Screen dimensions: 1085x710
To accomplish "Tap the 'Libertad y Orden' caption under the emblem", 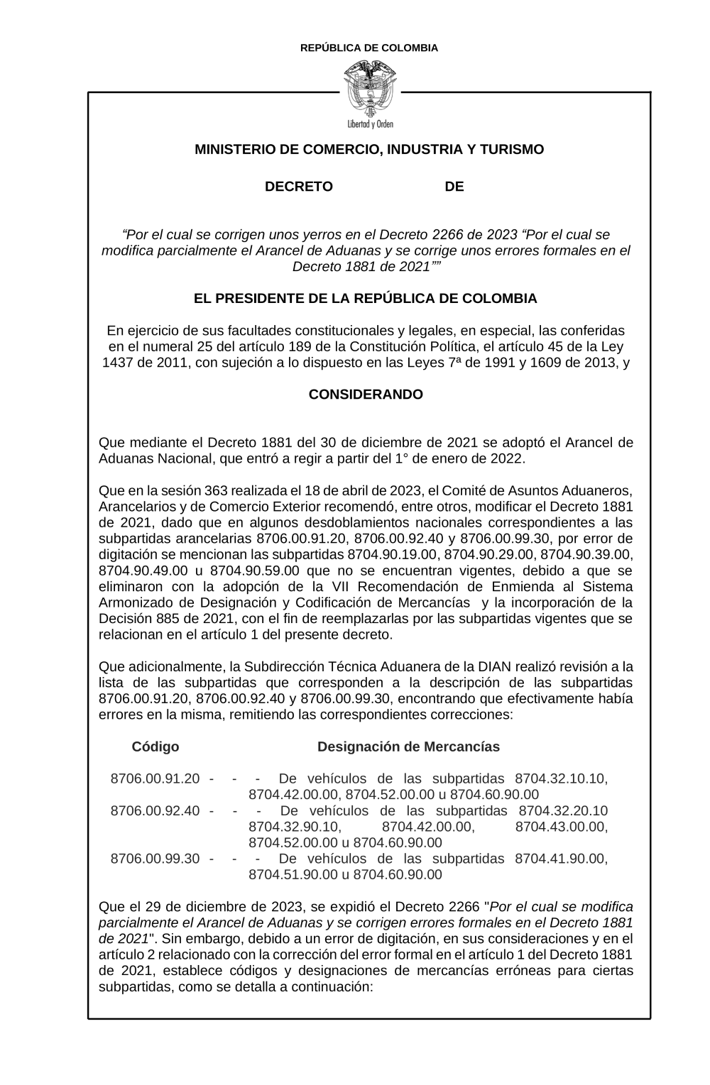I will coord(369,124).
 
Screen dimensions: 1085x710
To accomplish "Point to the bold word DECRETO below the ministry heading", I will coord(299,187).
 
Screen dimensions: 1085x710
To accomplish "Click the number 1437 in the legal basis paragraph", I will coord(118,363).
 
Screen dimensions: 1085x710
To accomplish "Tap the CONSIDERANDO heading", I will coord(366,395).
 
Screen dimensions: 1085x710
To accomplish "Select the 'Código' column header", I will coord(155,747).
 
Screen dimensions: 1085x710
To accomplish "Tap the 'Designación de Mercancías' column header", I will coord(408,747).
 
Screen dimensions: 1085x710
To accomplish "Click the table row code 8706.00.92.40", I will coord(155,810).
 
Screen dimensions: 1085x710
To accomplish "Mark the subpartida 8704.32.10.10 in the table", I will coord(561,778).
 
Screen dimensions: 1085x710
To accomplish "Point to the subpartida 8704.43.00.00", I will coord(561,827).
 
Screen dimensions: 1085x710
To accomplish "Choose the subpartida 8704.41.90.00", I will coord(561,859).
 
